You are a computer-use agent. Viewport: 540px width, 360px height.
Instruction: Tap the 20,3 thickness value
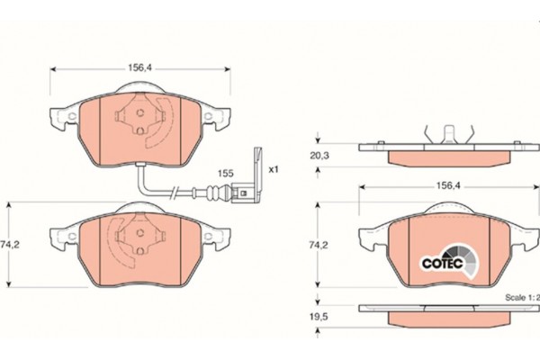coord(319,156)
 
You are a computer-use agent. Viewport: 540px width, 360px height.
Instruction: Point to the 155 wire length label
coord(226,174)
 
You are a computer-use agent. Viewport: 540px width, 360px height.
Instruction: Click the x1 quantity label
coord(273,169)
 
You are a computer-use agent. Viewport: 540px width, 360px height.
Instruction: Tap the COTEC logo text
coord(443,264)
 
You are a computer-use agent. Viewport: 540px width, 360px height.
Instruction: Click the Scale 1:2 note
coord(522,297)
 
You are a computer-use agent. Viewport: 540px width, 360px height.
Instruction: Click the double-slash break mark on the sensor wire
coord(174,192)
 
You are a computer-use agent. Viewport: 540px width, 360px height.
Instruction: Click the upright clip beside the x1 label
coord(257,166)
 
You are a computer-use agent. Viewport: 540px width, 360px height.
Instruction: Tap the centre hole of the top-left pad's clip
coord(140,112)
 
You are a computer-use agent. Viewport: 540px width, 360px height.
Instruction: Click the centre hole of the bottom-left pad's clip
coord(140,232)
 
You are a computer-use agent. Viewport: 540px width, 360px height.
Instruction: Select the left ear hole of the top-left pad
coord(72,116)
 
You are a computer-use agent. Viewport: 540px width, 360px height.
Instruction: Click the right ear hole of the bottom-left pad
coord(208,236)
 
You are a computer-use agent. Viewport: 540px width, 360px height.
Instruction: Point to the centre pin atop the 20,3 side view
coord(449,135)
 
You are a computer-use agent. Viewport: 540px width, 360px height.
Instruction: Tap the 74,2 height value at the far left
coord(9,245)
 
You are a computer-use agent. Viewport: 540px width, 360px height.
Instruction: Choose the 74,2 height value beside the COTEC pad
coord(319,246)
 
